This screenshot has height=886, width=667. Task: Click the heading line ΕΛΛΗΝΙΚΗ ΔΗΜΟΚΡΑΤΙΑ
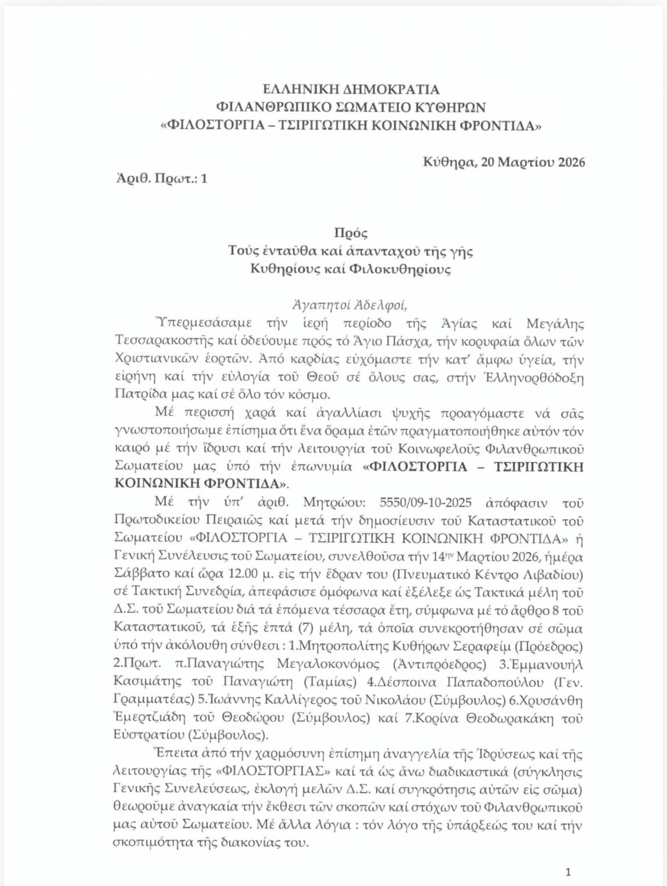tap(351, 89)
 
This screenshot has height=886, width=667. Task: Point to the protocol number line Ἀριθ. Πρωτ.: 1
tap(161, 178)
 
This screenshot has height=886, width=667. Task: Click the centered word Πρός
tap(350, 233)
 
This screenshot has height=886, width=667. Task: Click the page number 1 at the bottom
tap(568, 871)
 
